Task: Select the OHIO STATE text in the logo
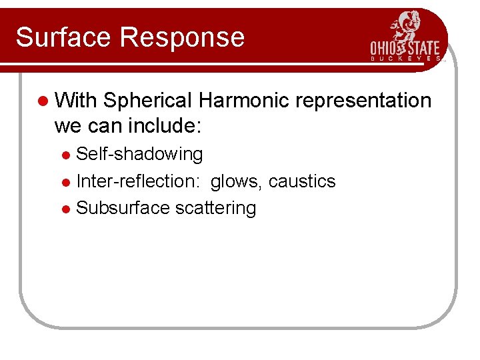[x=405, y=49]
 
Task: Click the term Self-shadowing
[x=139, y=155]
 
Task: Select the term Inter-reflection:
[x=141, y=181]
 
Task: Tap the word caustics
[x=302, y=181]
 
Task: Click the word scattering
[x=215, y=209]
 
